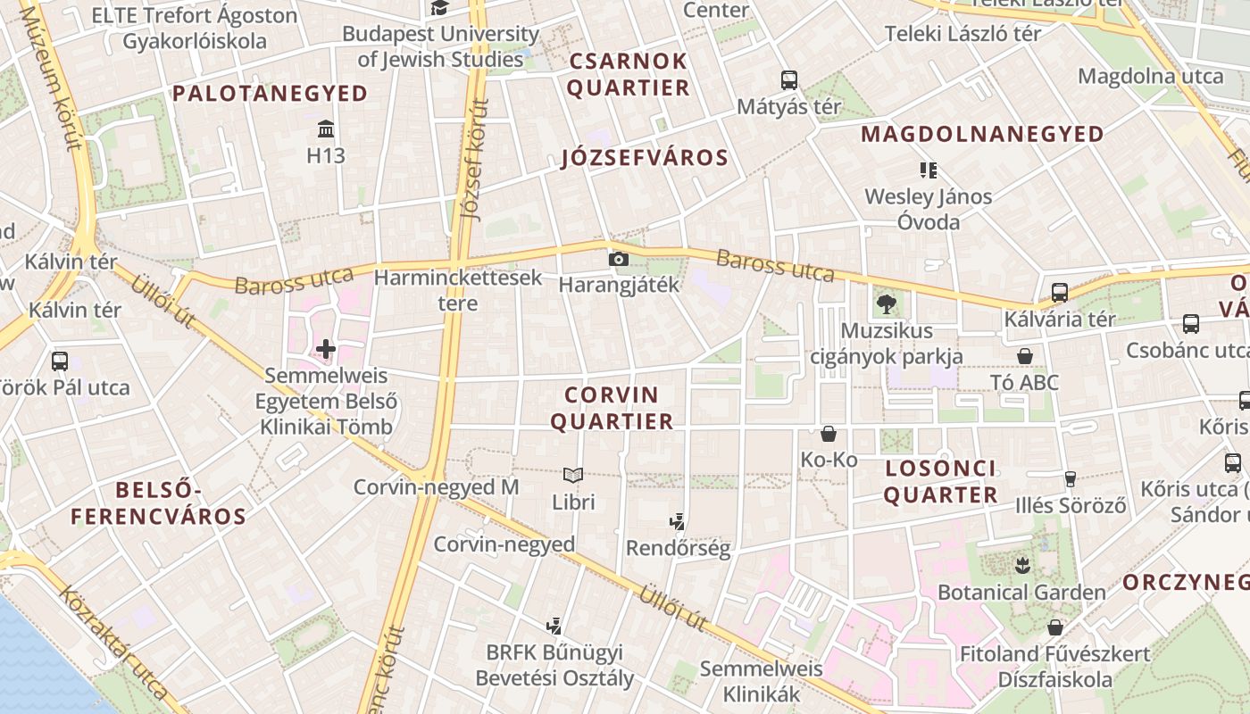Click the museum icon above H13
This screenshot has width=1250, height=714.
(326, 129)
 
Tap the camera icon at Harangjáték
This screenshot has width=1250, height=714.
(618, 260)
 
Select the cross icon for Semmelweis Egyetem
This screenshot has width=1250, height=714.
(326, 349)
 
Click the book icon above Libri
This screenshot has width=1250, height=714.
(573, 476)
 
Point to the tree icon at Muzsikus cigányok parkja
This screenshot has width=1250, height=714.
(886, 304)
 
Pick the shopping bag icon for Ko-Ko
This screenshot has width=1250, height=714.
(829, 434)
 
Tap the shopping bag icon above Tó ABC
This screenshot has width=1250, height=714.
(1025, 356)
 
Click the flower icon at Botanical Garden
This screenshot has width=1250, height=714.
(1021, 565)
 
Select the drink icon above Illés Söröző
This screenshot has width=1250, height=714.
(1071, 479)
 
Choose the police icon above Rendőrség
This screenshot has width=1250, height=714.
(678, 522)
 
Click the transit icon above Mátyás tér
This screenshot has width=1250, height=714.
(789, 80)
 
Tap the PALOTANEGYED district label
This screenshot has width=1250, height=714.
(271, 94)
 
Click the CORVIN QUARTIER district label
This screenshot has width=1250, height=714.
(612, 408)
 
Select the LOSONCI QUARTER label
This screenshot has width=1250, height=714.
(941, 482)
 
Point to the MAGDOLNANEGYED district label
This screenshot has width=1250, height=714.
(982, 135)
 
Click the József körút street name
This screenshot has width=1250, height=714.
(475, 161)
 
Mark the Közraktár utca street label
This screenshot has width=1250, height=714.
(113, 643)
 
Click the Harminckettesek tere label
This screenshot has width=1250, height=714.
(458, 290)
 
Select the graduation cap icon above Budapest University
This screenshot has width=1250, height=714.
(439, 8)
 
